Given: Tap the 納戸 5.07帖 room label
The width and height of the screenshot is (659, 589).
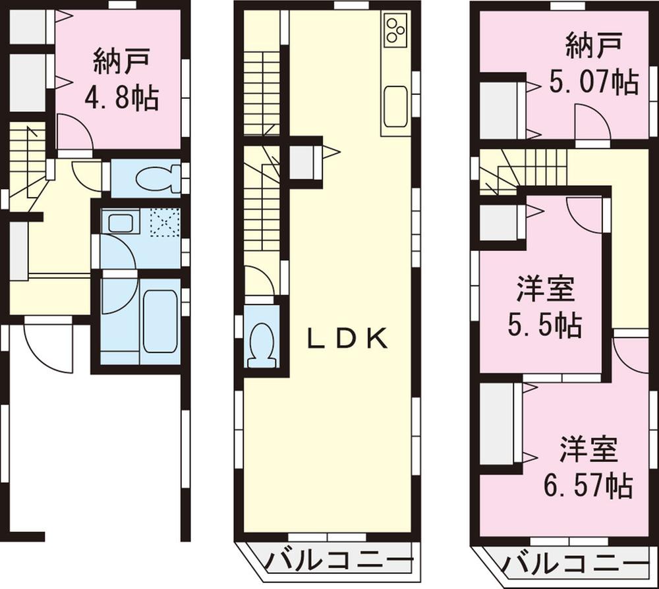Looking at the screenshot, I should coord(593,66).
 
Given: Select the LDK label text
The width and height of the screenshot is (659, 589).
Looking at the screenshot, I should coord(347,339).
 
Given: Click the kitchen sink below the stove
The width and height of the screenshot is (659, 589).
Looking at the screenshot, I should coord(395,106).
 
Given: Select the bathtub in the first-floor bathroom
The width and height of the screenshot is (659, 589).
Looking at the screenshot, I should coord(159,321).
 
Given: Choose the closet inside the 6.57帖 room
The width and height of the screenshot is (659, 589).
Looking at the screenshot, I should coord(498,424).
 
